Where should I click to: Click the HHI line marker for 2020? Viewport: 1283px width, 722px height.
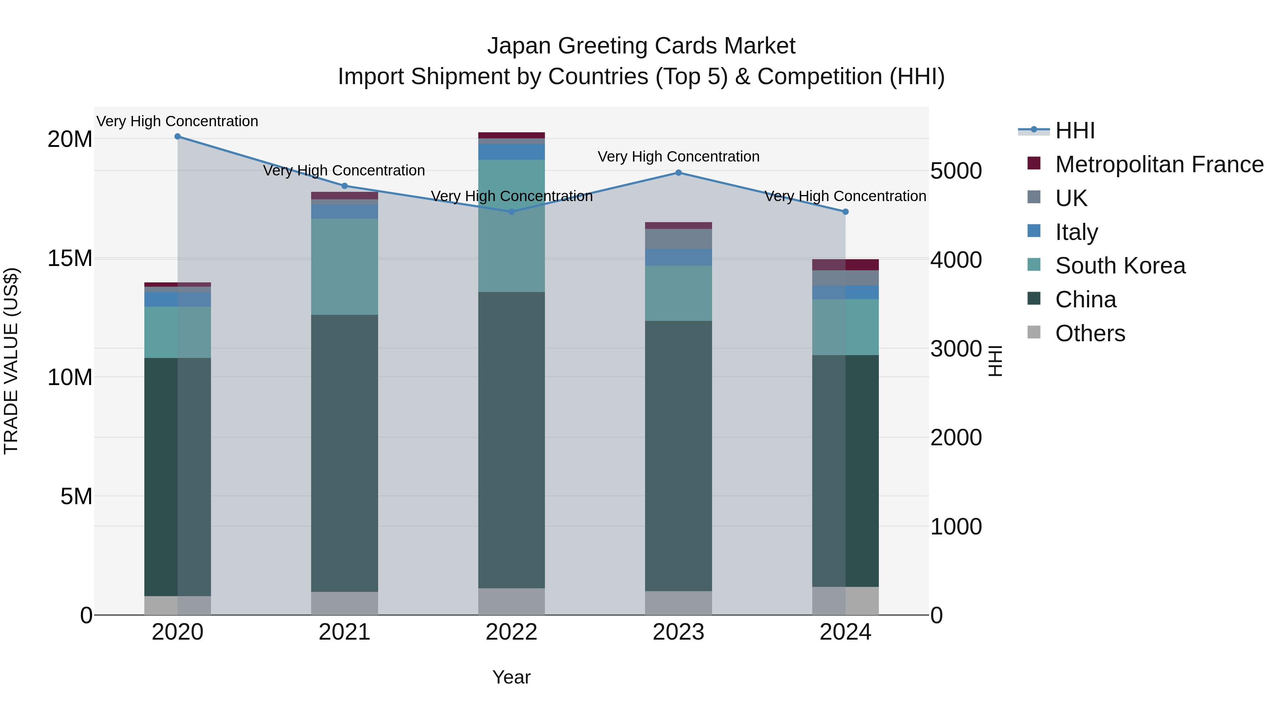tap(177, 137)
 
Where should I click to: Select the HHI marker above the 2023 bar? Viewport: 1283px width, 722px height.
tap(678, 173)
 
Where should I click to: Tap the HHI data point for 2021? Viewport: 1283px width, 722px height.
tap(345, 186)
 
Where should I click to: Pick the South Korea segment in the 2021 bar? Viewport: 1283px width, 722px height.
tap(345, 267)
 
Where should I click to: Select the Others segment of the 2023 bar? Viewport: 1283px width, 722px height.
tap(678, 603)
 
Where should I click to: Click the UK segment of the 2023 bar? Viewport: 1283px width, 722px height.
tap(678, 239)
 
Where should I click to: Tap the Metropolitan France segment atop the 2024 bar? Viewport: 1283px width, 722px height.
tap(845, 265)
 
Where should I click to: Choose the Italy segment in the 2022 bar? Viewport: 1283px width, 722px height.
tap(511, 152)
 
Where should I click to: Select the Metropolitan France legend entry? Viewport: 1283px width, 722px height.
tap(1159, 164)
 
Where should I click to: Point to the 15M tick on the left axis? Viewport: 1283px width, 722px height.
tap(70, 258)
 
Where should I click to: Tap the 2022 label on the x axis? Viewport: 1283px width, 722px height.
tap(511, 632)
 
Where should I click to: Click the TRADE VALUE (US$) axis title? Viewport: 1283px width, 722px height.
tap(11, 361)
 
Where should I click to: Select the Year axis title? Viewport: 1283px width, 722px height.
tap(511, 677)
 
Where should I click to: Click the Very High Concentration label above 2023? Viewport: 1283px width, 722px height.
tap(678, 157)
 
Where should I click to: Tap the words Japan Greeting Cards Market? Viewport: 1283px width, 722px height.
tap(641, 46)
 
